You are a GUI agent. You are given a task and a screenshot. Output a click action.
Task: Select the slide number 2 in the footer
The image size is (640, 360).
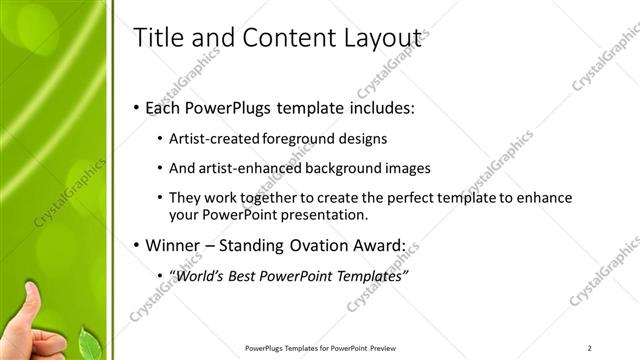[x=590, y=347]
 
